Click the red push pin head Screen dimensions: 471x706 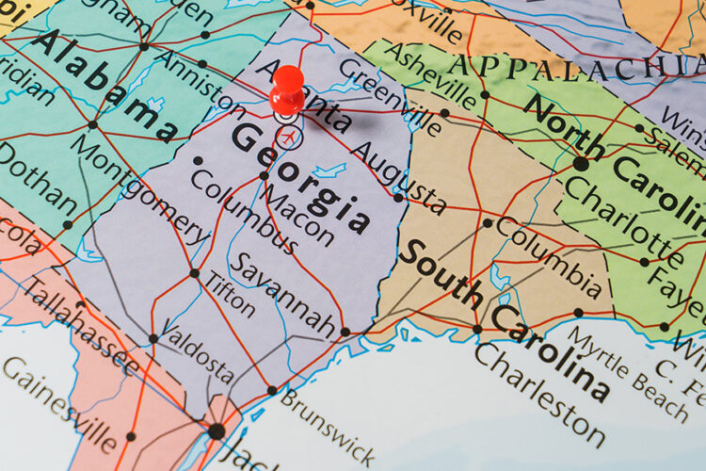pos(287,88)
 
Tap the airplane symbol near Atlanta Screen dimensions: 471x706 pos(291,139)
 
